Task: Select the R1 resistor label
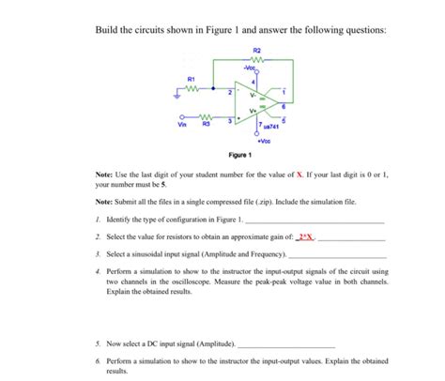point(192,79)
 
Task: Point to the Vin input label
point(181,124)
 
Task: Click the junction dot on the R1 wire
point(214,92)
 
